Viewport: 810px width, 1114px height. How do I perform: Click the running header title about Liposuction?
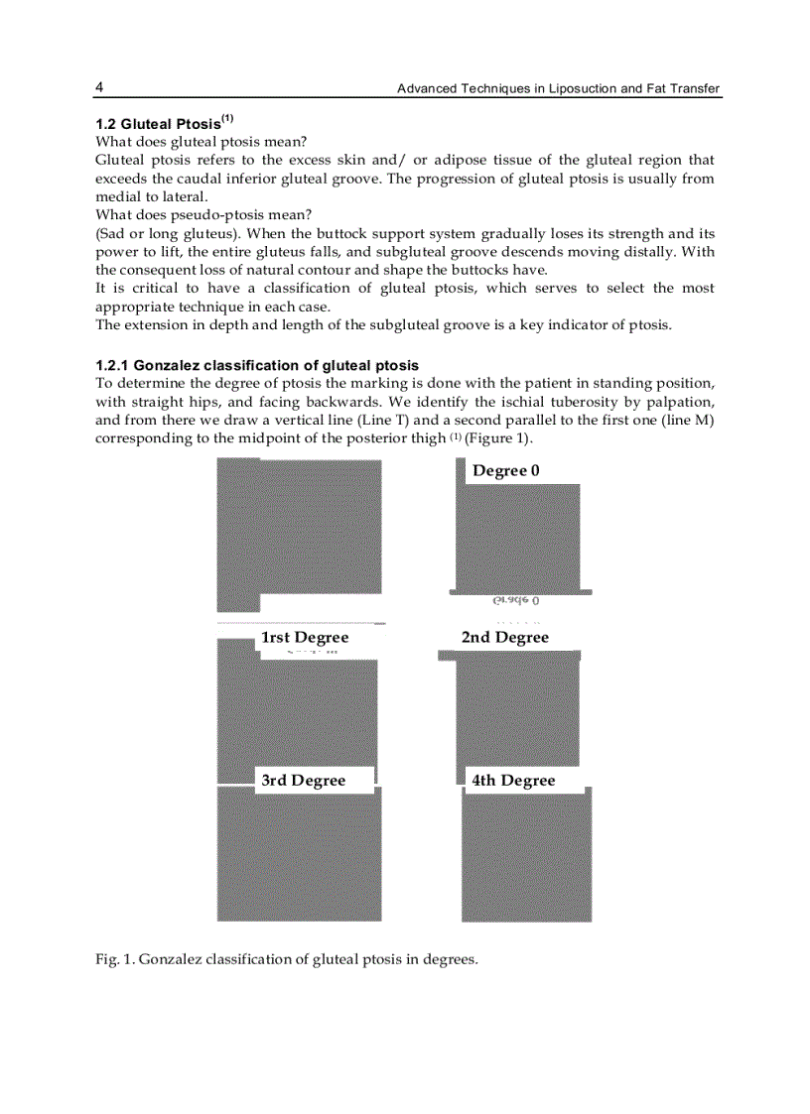pos(558,89)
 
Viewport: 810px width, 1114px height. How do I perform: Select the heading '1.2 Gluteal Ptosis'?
pos(164,124)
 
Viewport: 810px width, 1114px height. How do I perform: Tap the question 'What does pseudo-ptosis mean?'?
pos(203,214)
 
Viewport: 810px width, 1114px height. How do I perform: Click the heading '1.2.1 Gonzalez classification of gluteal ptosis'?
pos(256,366)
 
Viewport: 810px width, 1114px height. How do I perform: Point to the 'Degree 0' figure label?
pos(505,470)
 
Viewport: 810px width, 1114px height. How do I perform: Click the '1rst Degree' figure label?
pos(305,637)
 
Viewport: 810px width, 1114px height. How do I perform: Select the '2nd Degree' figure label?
pos(504,637)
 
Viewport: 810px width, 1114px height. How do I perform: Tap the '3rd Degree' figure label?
pos(303,781)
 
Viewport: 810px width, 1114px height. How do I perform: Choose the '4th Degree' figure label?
pos(513,781)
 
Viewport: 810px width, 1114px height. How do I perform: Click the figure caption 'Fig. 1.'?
pos(115,959)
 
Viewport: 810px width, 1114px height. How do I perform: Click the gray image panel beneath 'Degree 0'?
pos(517,536)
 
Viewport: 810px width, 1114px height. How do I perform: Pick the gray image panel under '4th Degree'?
pos(526,856)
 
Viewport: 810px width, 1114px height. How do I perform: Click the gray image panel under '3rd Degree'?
pos(299,856)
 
